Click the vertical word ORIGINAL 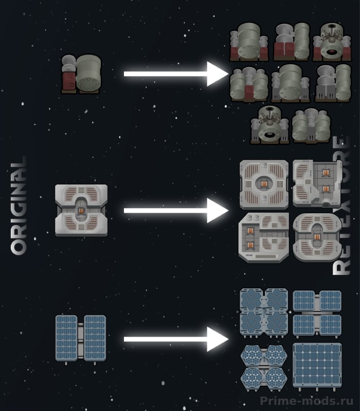point(19,206)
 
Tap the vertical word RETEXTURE point(341,206)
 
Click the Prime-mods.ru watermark point(307,401)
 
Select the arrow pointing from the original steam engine point(176,74)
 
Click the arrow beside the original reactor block point(176,211)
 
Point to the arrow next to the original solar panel point(176,339)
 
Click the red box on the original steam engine point(69,81)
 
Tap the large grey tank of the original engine point(88,72)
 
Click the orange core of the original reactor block point(81,211)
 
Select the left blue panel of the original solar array point(66,338)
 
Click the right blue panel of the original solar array point(95,338)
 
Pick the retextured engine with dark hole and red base point(332,42)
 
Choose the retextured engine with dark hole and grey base point(269,125)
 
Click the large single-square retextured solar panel point(317,366)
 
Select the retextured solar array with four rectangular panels point(317,313)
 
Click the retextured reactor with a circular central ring point(264,184)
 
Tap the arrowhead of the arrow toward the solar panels point(217,339)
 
